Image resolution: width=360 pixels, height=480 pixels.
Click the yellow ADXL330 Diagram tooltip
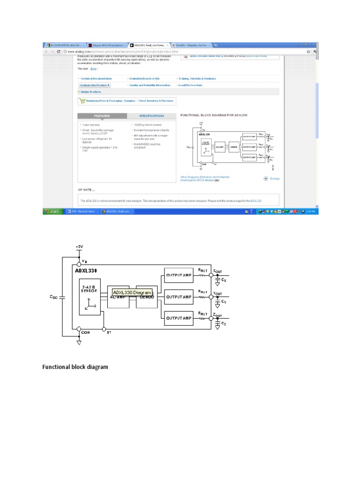point(132,292)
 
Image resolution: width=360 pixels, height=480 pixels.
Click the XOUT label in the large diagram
point(218,271)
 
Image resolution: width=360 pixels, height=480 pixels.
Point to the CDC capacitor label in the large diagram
point(53,297)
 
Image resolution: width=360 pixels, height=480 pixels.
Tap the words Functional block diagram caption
point(75,367)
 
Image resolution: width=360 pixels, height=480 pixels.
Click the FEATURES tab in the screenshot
point(102,115)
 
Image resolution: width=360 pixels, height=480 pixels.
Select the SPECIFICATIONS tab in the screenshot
point(151,115)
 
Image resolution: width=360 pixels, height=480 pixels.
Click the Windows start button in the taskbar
point(52,212)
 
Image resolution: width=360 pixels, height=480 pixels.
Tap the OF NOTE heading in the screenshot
point(86,190)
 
